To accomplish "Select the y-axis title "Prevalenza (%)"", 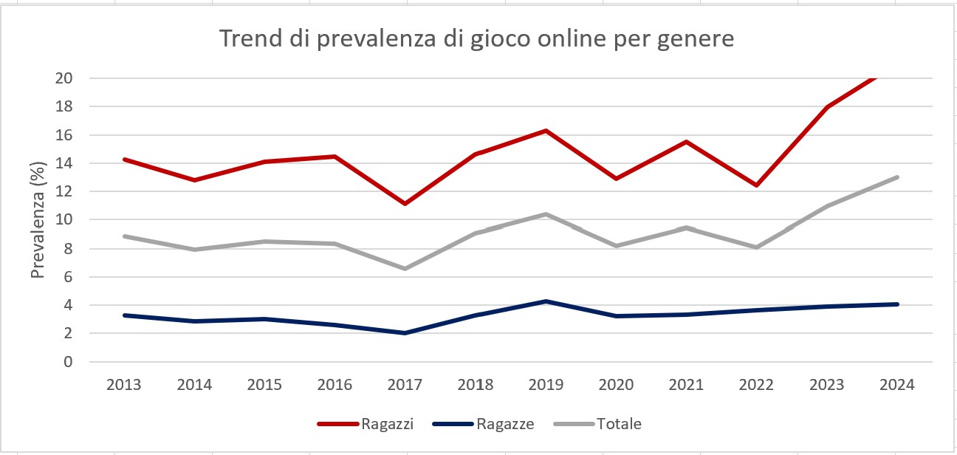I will click(38, 220).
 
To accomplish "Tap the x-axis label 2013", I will click(124, 385).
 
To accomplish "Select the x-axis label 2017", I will click(405, 385).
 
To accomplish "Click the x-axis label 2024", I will click(896, 385).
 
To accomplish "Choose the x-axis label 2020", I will click(616, 385).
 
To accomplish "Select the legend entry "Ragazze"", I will click(505, 424).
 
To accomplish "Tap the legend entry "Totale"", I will click(619, 424).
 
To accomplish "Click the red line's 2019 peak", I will click(546, 131).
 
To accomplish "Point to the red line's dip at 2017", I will click(405, 203).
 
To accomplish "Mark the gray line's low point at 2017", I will click(405, 268).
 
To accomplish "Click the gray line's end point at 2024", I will click(896, 177).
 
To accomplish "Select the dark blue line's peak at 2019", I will click(546, 301).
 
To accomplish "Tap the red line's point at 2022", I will click(756, 185).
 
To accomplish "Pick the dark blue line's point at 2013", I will click(124, 315).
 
